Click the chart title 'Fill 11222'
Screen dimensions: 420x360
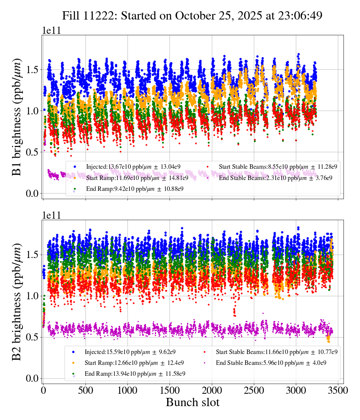pos(192,15)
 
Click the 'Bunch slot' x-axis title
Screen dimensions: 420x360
pos(192,402)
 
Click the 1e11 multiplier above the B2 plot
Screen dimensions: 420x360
pos(51,215)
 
